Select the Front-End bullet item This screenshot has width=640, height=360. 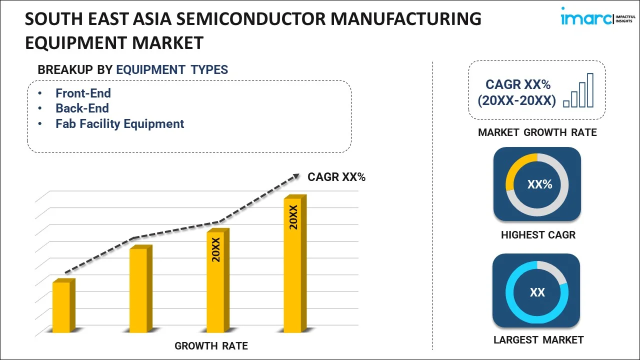pos(83,93)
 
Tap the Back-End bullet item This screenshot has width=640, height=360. pos(82,108)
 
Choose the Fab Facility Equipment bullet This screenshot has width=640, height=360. pos(119,124)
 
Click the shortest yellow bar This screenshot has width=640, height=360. pos(63,305)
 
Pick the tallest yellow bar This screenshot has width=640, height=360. pos(295,263)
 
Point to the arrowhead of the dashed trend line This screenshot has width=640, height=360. pos(296,176)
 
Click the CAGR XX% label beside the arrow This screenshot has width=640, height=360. pos(336,177)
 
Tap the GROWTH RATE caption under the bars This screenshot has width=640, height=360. pos(211,346)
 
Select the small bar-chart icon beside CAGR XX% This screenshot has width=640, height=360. pos(578,90)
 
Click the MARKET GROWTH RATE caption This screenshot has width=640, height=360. pos(537,132)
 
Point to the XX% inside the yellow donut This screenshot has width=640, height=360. pos(539,184)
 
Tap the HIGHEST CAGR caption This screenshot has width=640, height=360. pos(538,235)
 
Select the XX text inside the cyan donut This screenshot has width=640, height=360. pos(537,292)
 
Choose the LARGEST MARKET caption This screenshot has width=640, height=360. pos(538,340)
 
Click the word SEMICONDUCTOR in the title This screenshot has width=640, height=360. pos(250,19)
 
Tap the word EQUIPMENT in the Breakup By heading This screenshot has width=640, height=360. pos(151,69)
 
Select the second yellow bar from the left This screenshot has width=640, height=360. pos(141,288)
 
